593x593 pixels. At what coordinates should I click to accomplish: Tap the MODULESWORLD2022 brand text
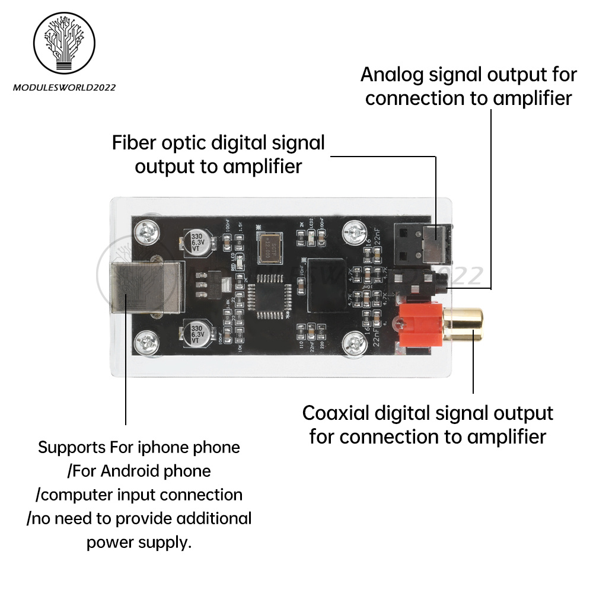pos(64,88)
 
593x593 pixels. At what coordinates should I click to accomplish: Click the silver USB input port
pos(139,288)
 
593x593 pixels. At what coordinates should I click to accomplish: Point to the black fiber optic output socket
pos(422,246)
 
